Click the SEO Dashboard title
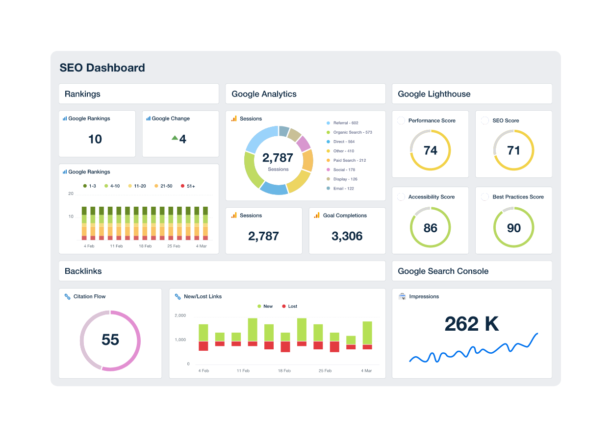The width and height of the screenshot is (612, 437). point(102,68)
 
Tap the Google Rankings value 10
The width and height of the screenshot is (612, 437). point(95,139)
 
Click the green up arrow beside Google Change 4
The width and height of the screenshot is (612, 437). point(175,138)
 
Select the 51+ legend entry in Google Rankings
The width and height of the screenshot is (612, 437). point(188,186)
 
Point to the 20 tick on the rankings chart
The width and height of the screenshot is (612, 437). point(71,194)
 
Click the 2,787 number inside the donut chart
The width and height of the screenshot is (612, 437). point(278,158)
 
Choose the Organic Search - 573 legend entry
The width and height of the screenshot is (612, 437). point(352,132)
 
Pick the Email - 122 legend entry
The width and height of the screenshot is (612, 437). point(343,189)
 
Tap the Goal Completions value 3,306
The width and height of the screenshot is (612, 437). point(347,236)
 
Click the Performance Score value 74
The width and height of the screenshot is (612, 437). point(430,150)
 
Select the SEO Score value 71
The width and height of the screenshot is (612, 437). point(513,150)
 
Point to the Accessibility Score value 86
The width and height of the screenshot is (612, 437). point(430,228)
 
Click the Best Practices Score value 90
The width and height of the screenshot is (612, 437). point(513,228)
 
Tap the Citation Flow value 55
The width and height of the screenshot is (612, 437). point(110,340)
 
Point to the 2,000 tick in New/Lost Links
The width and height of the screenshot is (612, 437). point(180,316)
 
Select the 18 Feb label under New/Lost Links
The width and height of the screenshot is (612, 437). point(284,371)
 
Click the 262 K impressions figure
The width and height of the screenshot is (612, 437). point(471,324)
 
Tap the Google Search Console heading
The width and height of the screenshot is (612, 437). point(443,271)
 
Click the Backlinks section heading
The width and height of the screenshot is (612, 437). point(83,271)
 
